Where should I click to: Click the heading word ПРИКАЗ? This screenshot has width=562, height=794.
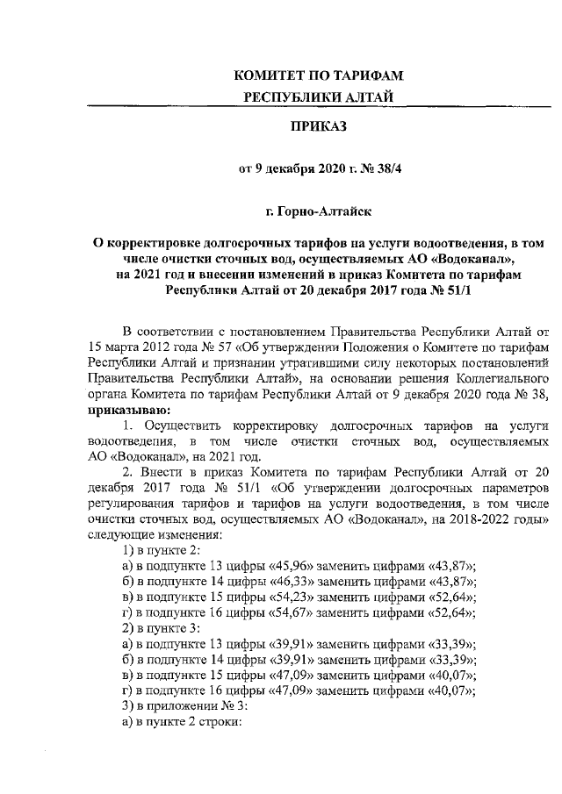320,128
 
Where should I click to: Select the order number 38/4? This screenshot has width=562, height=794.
380,169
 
